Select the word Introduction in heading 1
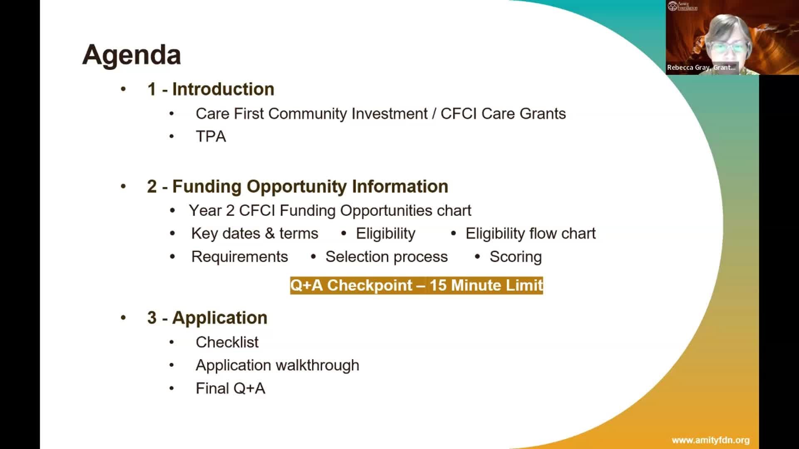pyautogui.click(x=223, y=89)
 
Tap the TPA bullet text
pyautogui.click(x=211, y=136)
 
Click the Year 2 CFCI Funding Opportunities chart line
pyautogui.click(x=330, y=211)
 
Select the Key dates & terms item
pyautogui.click(x=255, y=234)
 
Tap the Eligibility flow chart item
pyautogui.click(x=531, y=234)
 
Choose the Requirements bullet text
pyautogui.click(x=240, y=257)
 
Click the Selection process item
pyautogui.click(x=387, y=257)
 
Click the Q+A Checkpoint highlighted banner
pyautogui.click(x=417, y=286)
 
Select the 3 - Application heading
pyautogui.click(x=207, y=318)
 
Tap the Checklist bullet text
pyautogui.click(x=227, y=342)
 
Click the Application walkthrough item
pyautogui.click(x=278, y=365)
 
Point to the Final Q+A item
pyautogui.click(x=231, y=388)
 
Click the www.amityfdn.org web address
pyautogui.click(x=711, y=440)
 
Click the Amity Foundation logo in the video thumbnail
pyautogui.click(x=682, y=6)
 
